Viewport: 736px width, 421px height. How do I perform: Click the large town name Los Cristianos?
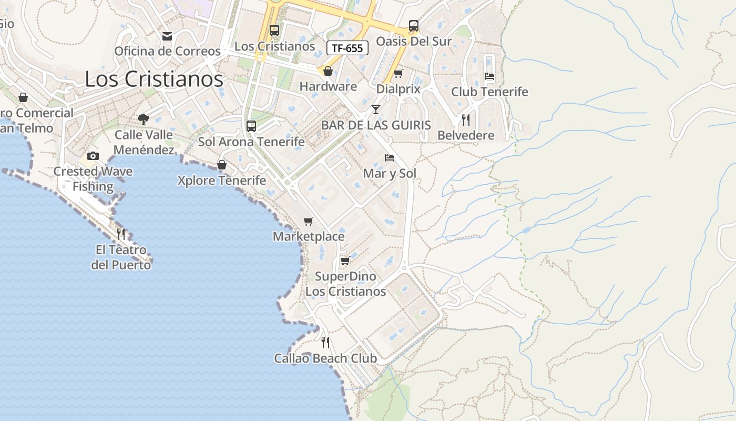click(154, 79)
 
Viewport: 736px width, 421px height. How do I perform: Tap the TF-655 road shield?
click(347, 48)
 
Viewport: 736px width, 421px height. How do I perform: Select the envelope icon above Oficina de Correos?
click(167, 36)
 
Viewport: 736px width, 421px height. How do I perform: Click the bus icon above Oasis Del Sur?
click(414, 26)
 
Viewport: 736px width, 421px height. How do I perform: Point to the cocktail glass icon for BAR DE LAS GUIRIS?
click(375, 109)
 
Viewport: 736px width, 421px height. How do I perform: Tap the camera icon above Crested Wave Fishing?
click(93, 156)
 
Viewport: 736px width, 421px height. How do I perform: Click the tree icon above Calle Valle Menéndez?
click(143, 119)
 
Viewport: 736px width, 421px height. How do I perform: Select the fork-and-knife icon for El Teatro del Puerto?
click(121, 234)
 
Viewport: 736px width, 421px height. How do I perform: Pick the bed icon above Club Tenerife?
click(489, 76)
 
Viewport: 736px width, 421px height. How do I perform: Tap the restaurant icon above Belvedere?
click(466, 120)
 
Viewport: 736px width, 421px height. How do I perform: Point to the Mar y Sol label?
click(390, 174)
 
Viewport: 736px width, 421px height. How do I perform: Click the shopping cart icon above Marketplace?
click(309, 221)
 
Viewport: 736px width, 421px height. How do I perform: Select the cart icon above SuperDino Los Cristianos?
click(345, 261)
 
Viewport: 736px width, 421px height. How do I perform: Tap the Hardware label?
click(328, 86)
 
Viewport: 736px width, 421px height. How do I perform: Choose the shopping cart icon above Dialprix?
click(398, 74)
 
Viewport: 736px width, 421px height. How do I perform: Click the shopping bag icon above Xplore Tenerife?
click(222, 165)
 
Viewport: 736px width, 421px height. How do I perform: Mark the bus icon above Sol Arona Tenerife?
click(251, 126)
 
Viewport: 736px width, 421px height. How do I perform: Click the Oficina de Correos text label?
click(167, 51)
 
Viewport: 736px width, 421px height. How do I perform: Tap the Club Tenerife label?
click(489, 92)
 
